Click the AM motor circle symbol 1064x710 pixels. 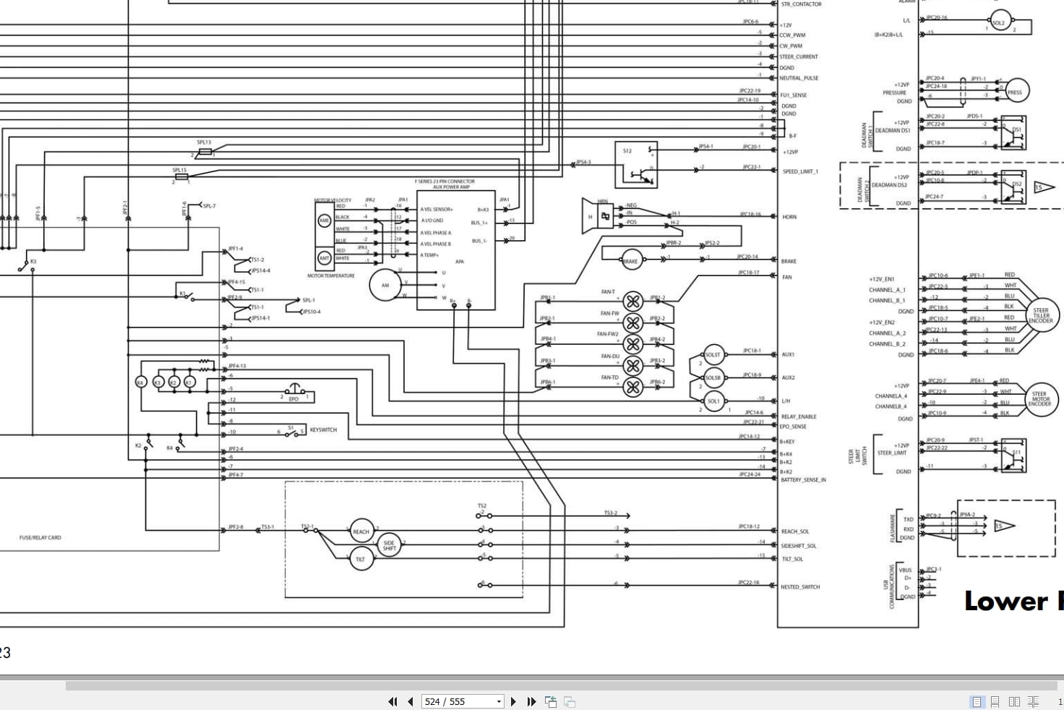(x=385, y=285)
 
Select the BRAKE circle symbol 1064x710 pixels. (x=630, y=261)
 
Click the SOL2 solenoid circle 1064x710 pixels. (x=999, y=22)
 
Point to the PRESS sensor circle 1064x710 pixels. (x=1015, y=92)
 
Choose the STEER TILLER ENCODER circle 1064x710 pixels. (x=1041, y=316)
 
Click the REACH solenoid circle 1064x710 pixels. (x=361, y=531)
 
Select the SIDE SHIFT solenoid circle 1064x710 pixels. (x=389, y=545)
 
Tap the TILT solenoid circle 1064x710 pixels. (x=360, y=559)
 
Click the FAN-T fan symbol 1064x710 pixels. (x=632, y=301)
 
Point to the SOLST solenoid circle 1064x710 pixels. (x=713, y=355)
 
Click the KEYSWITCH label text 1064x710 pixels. (x=323, y=430)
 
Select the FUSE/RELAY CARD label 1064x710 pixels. (x=40, y=537)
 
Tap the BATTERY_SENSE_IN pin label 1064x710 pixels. (x=803, y=479)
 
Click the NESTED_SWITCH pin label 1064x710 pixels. (x=800, y=587)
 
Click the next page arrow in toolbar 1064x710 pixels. (x=513, y=701)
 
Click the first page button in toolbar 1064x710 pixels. (x=392, y=701)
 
